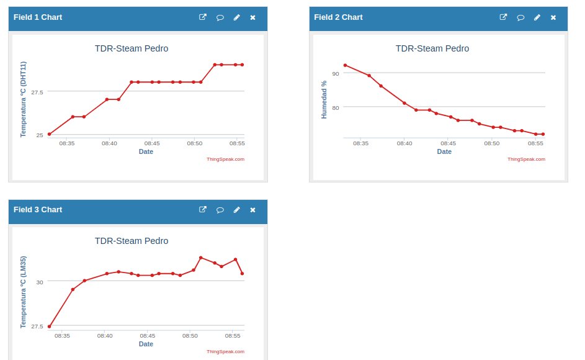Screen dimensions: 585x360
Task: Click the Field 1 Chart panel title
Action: coord(38,17)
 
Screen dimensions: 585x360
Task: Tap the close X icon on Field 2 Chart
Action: coord(553,17)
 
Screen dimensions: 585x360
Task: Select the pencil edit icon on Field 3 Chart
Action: coord(236,210)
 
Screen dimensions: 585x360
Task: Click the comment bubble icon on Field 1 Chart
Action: coord(220,17)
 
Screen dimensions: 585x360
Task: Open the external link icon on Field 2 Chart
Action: coord(503,17)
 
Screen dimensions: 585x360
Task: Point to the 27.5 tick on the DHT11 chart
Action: coord(37,92)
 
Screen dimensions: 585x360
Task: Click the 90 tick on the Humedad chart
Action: coord(336,74)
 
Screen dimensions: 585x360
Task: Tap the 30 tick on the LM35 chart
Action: coord(40,282)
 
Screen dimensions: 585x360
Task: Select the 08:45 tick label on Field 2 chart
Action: coord(448,143)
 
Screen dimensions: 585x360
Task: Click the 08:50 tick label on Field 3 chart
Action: coord(190,336)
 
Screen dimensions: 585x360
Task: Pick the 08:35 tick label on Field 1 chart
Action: coord(67,143)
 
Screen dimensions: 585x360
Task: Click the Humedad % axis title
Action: coord(324,100)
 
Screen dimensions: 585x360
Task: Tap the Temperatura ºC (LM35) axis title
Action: coord(23,292)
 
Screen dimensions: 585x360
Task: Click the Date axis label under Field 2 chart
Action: coord(444,151)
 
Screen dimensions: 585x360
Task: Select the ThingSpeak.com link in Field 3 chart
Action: coord(225,351)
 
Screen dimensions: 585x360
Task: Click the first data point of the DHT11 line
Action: coord(49,134)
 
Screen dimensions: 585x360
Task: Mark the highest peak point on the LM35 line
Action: coord(201,258)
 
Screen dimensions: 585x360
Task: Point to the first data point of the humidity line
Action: coord(345,65)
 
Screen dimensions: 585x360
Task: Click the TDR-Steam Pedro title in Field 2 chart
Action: coord(432,48)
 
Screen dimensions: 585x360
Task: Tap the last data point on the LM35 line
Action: coord(243,273)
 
